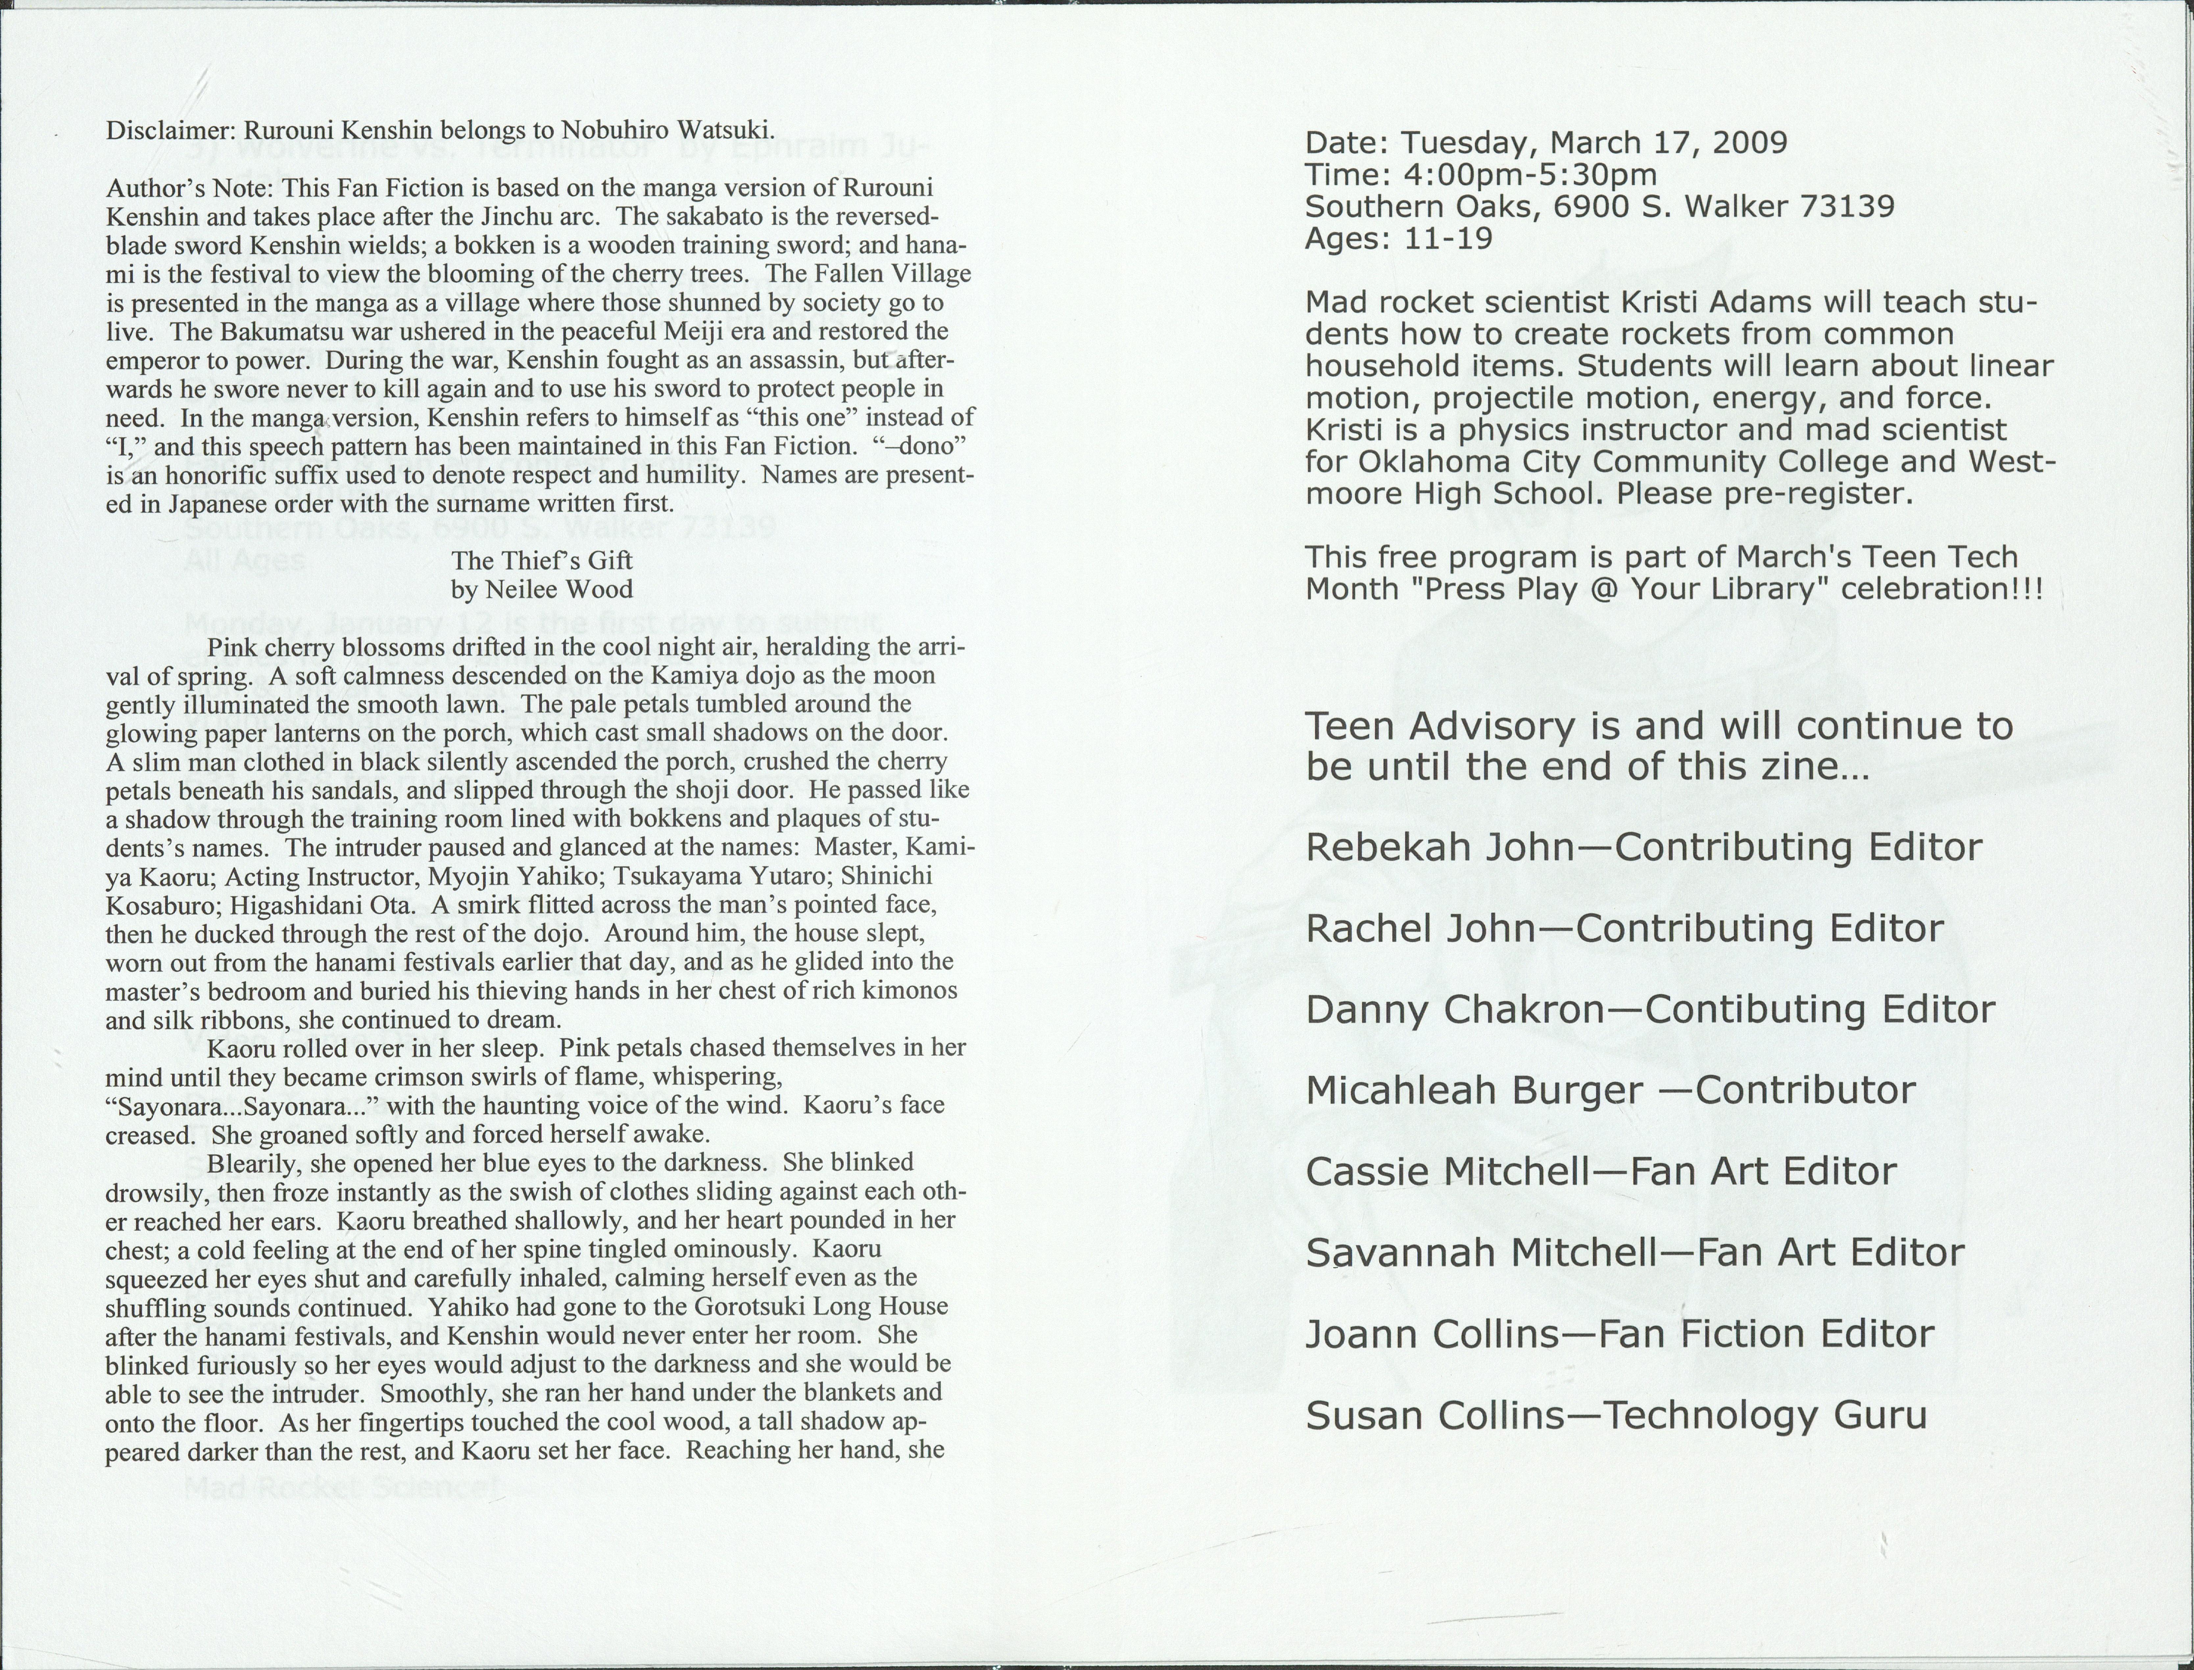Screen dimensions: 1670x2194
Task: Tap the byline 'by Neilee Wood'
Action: coord(542,589)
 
